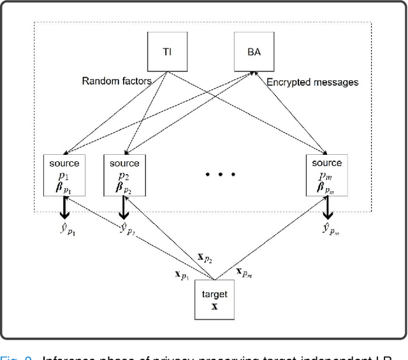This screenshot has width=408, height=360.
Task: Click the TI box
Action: click(167, 52)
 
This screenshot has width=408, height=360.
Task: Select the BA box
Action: click(253, 52)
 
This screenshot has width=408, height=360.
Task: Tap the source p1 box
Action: click(63, 176)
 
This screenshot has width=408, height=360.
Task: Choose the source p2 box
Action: click(124, 176)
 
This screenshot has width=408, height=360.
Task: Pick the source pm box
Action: click(326, 176)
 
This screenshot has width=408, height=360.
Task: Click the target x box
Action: click(214, 299)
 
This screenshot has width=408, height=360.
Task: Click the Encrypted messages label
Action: click(312, 82)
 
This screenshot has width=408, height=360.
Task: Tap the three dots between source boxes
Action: click(220, 173)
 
